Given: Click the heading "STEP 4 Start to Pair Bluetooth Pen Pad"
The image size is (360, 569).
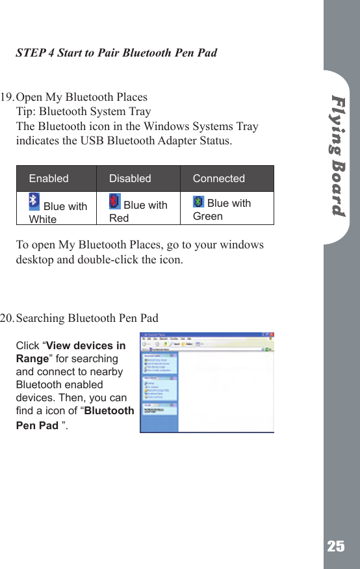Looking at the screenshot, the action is click(116, 53).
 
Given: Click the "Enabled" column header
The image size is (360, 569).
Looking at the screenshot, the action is click(49, 178).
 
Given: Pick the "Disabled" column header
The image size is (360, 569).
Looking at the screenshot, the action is click(130, 178).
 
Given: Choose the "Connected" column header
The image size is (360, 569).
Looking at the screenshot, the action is click(219, 178).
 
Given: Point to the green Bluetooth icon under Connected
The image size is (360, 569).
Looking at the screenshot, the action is click(199, 202).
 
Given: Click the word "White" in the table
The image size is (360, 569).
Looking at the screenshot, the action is click(43, 219).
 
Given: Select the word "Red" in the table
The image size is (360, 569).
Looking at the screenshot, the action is click(119, 218).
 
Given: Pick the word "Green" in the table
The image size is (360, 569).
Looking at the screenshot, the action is click(208, 216).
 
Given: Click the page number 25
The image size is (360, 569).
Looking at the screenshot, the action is click(336, 546).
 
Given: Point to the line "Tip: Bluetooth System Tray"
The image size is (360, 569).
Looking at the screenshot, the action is click(83, 112).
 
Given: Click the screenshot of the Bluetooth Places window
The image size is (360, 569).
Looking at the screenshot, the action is click(207, 383).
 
